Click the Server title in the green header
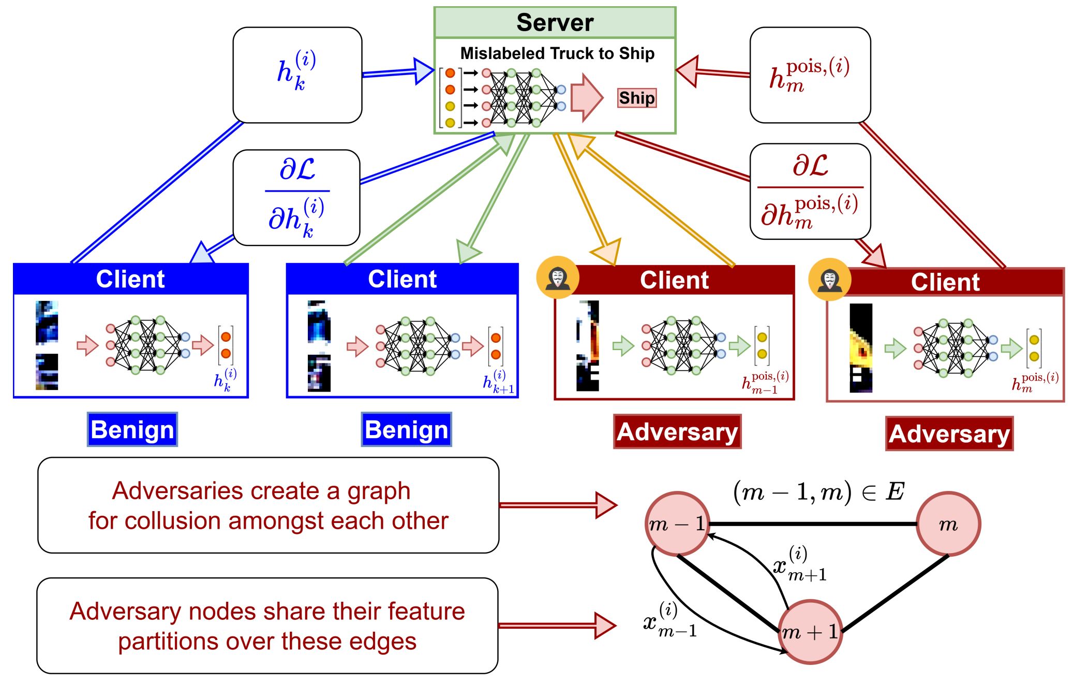(555, 22)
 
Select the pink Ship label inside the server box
(637, 98)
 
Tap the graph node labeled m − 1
(677, 524)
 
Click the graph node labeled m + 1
(810, 632)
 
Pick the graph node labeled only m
(948, 524)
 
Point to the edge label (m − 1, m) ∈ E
(818, 491)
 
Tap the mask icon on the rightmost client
(829, 279)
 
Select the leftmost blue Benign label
(132, 430)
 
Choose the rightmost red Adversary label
(949, 434)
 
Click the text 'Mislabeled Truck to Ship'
(557, 53)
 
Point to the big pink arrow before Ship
(587, 97)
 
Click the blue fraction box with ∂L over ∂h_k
(296, 198)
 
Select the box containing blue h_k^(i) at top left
(297, 75)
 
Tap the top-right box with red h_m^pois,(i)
(810, 75)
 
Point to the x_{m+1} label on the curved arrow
(799, 564)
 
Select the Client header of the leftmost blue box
(130, 279)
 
